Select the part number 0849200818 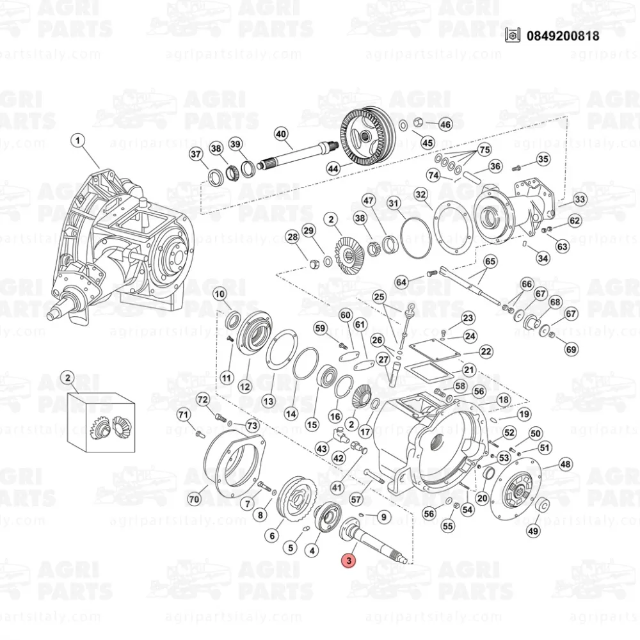click(563, 36)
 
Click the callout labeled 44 click(333, 169)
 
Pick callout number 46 click(445, 124)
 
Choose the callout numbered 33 click(579, 200)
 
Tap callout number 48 click(565, 464)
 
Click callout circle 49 click(533, 530)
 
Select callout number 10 click(220, 294)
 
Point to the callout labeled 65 click(490, 262)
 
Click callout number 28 click(292, 237)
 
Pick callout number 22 click(486, 351)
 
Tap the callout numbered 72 click(203, 400)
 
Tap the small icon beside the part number click(511, 36)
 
